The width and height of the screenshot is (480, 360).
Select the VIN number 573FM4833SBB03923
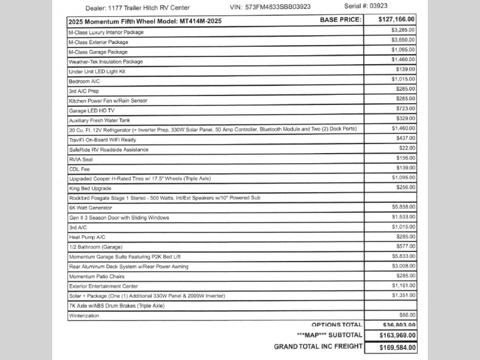[278, 8]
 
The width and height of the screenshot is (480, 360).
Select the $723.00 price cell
[406, 108]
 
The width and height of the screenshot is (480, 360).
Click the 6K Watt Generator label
[91, 208]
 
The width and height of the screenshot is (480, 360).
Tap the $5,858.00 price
[403, 207]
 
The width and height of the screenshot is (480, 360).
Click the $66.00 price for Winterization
[407, 315]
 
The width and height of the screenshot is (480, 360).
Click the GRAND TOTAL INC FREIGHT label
[318, 346]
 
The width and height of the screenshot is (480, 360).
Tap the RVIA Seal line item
[80, 159]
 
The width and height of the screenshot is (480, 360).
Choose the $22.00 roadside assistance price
[407, 148]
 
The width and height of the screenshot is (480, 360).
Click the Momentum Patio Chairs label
[97, 276]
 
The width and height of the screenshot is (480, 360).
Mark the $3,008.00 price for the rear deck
[403, 266]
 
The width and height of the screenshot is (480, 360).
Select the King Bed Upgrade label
[90, 188]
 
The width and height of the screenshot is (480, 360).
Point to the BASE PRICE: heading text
[340, 20]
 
